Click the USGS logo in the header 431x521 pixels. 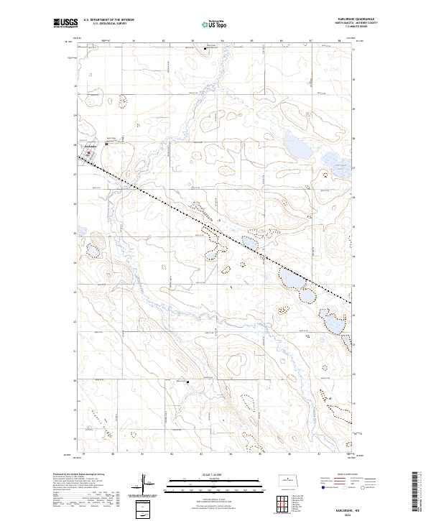[x=65, y=23]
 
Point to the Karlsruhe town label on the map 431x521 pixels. [x=90, y=147]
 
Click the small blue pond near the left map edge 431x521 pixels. [x=92, y=251]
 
